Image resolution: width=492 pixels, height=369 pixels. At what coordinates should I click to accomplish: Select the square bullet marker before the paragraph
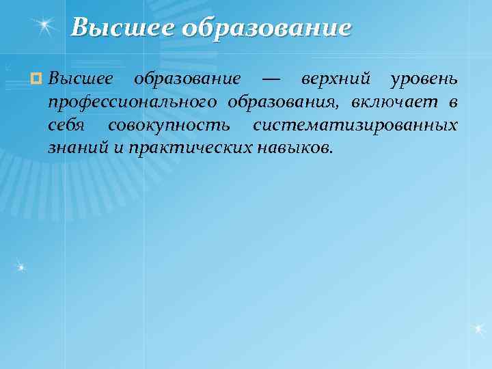[37, 80]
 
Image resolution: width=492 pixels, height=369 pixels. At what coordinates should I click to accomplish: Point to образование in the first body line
[187, 79]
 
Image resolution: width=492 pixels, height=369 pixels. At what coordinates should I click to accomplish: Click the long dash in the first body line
[271, 80]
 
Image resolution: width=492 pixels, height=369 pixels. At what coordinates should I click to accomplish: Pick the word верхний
[336, 79]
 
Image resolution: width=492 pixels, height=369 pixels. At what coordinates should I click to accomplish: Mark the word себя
[67, 126]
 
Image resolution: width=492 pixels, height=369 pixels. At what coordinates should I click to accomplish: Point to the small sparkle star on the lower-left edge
[21, 266]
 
